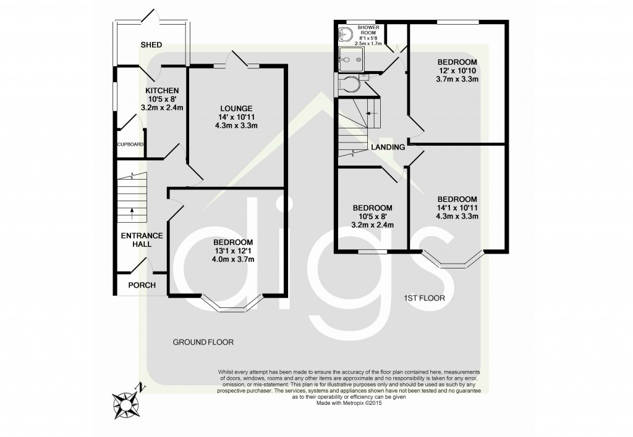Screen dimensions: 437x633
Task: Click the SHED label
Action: coord(151,45)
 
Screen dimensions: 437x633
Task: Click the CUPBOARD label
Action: coord(130,144)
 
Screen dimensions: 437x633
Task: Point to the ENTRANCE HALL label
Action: coord(142,239)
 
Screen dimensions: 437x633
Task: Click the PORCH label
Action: coord(142,285)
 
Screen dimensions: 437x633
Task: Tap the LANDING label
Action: coord(388,147)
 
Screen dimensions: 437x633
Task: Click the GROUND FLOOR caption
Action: coord(203,341)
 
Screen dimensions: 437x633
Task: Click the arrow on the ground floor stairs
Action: coord(133,214)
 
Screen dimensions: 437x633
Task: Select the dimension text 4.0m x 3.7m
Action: coord(233,259)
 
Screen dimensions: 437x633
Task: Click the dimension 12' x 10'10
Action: coord(457,71)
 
